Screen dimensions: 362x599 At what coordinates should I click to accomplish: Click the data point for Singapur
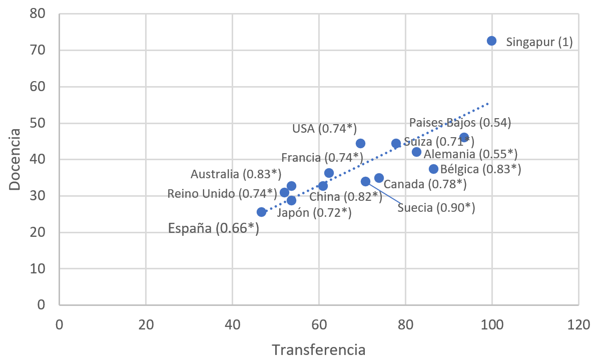pos(491,41)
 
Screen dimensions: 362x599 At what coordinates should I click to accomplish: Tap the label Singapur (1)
pos(539,42)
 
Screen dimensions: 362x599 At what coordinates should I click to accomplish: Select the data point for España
pos(261,212)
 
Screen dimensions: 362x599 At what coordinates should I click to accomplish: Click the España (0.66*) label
pos(214,228)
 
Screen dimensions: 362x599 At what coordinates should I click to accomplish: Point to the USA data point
pos(360,143)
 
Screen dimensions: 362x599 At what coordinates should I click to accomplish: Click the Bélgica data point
pos(433,169)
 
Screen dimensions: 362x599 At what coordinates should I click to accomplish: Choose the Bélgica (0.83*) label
pos(480,169)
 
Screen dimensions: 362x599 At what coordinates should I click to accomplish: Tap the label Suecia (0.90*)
pos(436,207)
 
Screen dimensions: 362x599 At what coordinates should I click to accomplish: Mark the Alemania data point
pos(416,152)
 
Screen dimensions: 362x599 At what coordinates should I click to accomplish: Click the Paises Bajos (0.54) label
pos(460,123)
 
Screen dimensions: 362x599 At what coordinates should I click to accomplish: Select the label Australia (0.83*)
pos(236,174)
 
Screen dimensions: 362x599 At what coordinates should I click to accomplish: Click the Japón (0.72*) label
pos(314,213)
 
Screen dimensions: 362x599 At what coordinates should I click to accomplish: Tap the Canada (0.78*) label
pos(425,184)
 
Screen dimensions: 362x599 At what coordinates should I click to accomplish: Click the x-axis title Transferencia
pos(319,349)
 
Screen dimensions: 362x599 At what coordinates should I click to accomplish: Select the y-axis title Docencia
pos(15,159)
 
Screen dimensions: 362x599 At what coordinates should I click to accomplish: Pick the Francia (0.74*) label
pos(322,158)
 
